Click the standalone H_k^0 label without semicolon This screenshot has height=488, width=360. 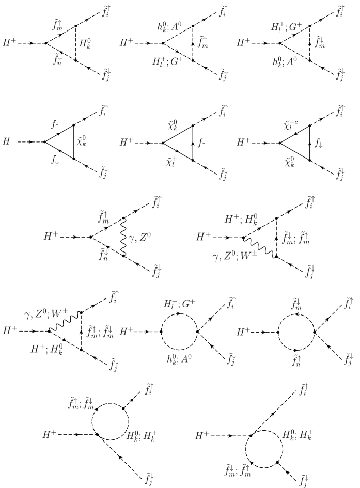pos(85,43)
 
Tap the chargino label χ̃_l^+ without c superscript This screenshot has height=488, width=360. pos(171,162)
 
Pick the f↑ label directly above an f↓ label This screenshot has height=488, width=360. pos(55,124)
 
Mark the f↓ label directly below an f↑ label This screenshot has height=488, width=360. pos(55,160)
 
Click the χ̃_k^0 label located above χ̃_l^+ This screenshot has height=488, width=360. pos(173,125)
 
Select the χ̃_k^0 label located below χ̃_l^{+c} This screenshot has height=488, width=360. pos(290,162)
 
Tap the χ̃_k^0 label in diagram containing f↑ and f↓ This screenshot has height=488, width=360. pos(81,141)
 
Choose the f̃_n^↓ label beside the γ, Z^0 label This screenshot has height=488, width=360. pos(104,254)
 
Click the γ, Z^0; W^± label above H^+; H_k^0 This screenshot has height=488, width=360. pos(50,313)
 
